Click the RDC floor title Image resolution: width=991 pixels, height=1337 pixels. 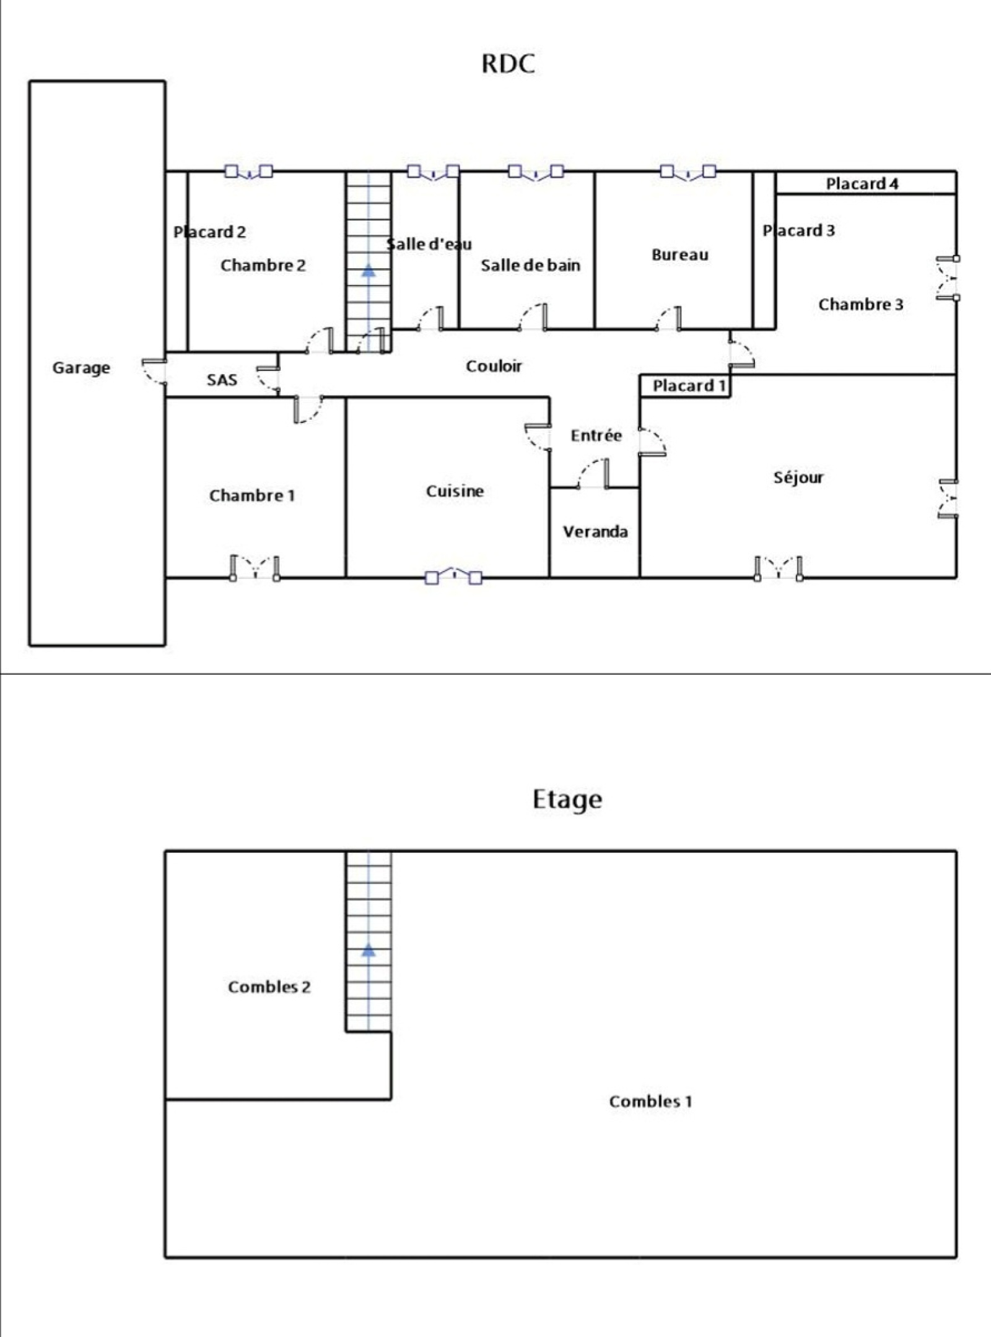click(508, 64)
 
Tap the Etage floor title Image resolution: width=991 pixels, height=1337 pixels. click(567, 799)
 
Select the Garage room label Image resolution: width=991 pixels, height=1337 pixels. click(81, 368)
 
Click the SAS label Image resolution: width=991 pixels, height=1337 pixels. click(222, 380)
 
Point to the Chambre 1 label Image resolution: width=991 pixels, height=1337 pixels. click(252, 495)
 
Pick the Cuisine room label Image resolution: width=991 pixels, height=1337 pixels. click(455, 491)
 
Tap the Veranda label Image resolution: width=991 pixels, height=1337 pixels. click(595, 531)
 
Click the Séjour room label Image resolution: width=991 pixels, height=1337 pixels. click(798, 477)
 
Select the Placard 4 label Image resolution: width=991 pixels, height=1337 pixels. click(862, 183)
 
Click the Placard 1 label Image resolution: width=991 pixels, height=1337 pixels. click(689, 386)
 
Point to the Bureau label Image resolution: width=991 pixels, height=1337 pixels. click(679, 255)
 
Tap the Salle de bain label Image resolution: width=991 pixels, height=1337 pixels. click(531, 265)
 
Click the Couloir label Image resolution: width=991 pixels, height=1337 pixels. click(494, 366)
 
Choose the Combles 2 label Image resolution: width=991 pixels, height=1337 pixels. click(269, 986)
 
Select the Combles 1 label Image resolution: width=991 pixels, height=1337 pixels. click(650, 1101)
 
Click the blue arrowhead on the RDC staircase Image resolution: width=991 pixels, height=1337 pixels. click(369, 269)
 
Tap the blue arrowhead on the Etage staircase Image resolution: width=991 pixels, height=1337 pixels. click(369, 950)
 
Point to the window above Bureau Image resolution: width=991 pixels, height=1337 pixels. click(688, 172)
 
